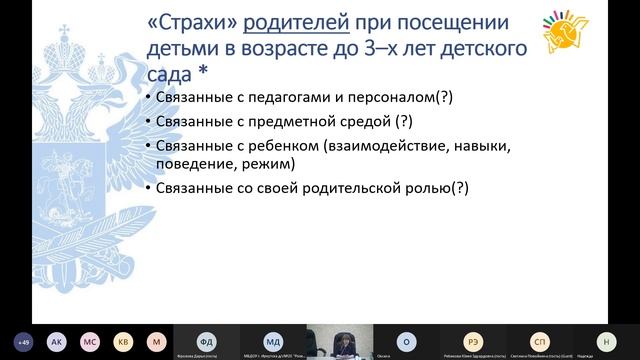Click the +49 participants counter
click(26, 339)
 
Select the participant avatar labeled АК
click(57, 339)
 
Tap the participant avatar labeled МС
click(90, 339)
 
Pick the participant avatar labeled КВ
click(122, 339)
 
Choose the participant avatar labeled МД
click(273, 339)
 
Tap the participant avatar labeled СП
click(539, 339)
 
